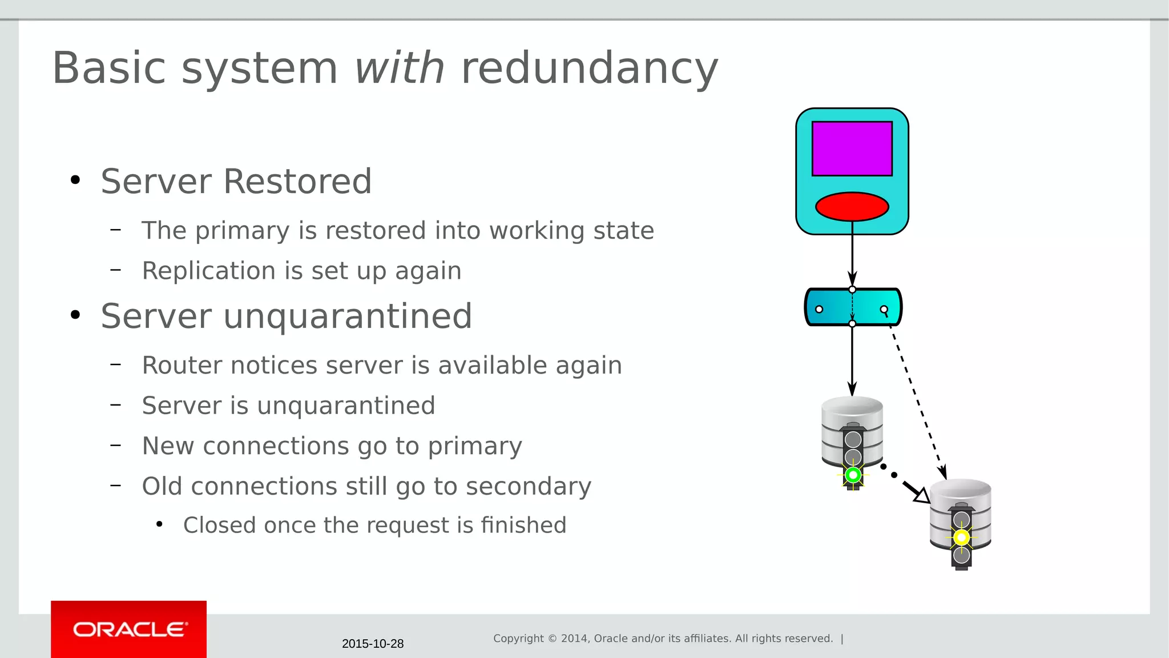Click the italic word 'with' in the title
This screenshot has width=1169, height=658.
click(x=399, y=68)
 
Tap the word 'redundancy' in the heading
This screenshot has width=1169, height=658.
click(x=589, y=68)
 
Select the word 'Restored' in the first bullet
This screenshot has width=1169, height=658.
click(x=297, y=182)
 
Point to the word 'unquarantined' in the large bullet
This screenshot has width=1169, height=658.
click(x=348, y=316)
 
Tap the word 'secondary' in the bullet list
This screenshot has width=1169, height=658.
click(x=528, y=487)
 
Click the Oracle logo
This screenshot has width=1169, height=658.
click(x=129, y=629)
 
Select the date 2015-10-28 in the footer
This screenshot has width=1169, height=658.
click(x=373, y=644)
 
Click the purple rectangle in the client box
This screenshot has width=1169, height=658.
click(x=852, y=149)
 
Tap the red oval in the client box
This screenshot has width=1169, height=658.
click(x=852, y=206)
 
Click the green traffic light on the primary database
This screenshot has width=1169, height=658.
click(x=853, y=475)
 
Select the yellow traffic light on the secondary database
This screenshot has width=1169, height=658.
click(x=961, y=537)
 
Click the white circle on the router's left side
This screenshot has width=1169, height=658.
click(x=819, y=309)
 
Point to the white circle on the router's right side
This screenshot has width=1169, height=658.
click(x=884, y=310)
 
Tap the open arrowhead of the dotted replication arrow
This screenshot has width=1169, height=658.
click(x=921, y=495)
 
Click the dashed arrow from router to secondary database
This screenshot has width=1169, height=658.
click(x=917, y=400)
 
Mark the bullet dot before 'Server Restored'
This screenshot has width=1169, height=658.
click(x=75, y=180)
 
